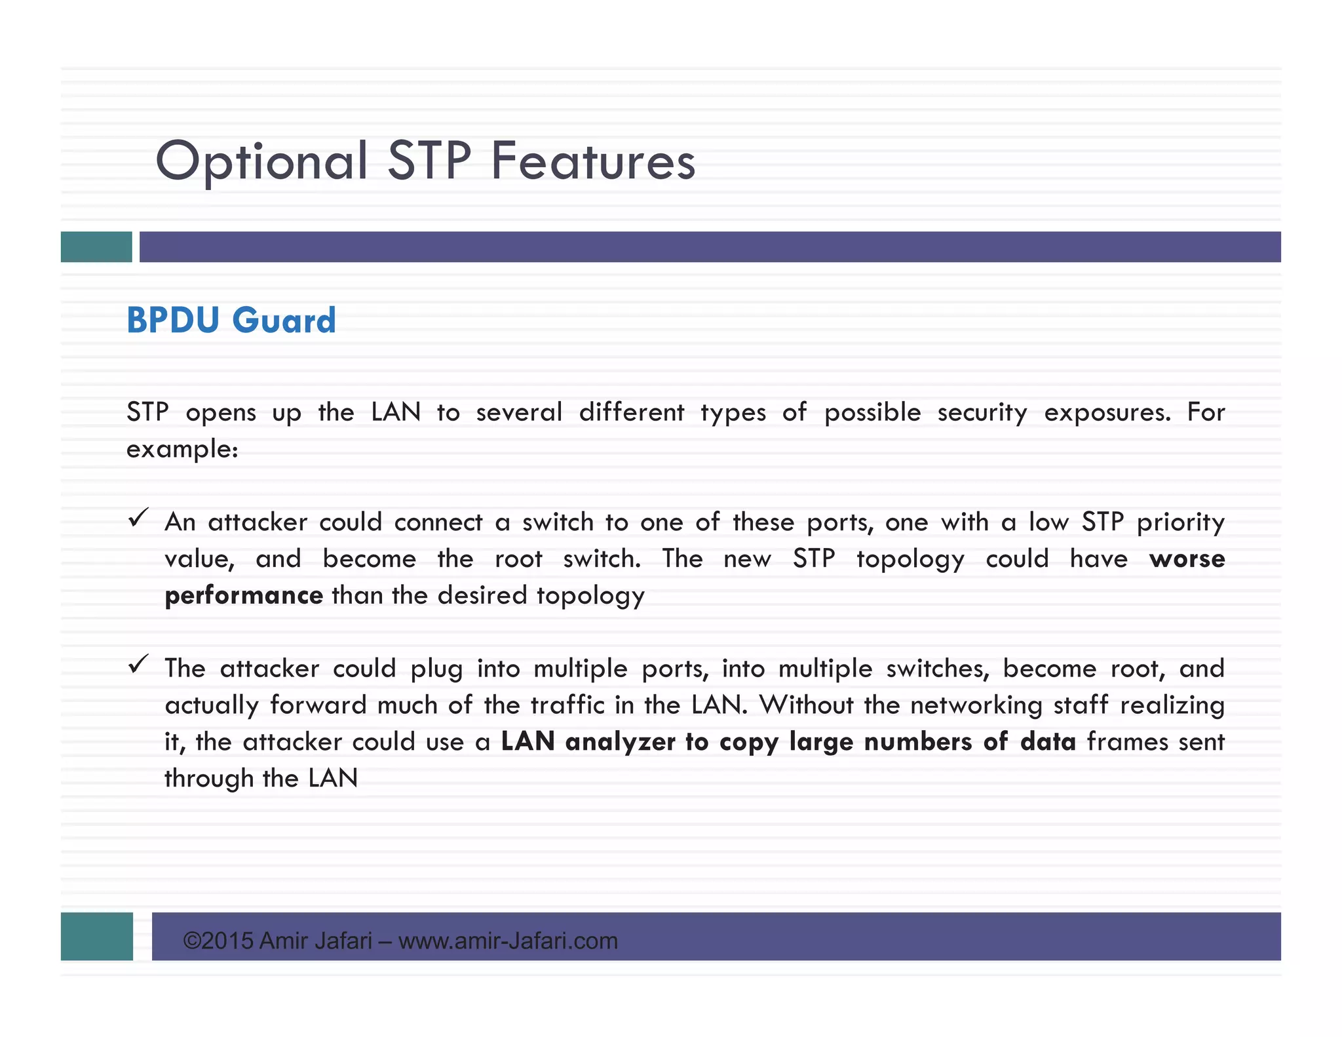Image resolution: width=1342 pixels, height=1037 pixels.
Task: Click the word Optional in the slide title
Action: click(x=261, y=161)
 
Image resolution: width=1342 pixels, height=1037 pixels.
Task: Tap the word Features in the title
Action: click(x=593, y=161)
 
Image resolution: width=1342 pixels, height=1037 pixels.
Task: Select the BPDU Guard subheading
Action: click(x=231, y=321)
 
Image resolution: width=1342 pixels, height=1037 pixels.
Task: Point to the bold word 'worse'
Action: click(x=1187, y=558)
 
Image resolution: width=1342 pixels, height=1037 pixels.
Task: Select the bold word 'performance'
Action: click(x=243, y=595)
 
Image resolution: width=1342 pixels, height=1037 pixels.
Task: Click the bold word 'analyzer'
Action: click(x=620, y=741)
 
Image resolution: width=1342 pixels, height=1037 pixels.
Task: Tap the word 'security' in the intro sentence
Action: click(x=982, y=412)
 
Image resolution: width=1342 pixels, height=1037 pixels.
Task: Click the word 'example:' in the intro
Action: click(x=182, y=450)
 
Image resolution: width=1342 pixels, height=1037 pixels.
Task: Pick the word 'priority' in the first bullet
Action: click(x=1180, y=522)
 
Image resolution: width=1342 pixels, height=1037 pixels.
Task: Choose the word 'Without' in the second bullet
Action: click(x=805, y=705)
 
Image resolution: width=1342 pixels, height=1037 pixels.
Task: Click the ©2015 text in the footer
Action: click(x=218, y=941)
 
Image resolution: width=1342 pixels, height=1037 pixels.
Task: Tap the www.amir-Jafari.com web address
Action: click(x=508, y=941)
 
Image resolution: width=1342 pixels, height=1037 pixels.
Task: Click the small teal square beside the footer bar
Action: click(x=96, y=936)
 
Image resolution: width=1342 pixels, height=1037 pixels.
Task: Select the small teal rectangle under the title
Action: click(x=96, y=246)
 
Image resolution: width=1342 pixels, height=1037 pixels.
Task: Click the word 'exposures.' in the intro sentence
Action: click(x=1107, y=412)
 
